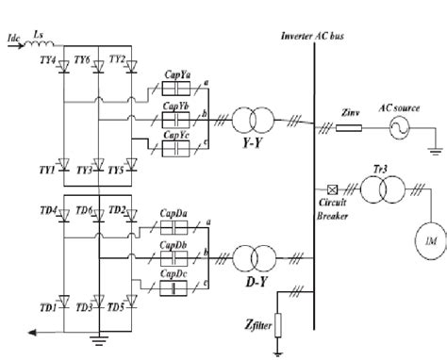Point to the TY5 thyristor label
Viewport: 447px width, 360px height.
(x=117, y=171)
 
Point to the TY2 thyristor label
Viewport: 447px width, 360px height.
(x=117, y=58)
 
